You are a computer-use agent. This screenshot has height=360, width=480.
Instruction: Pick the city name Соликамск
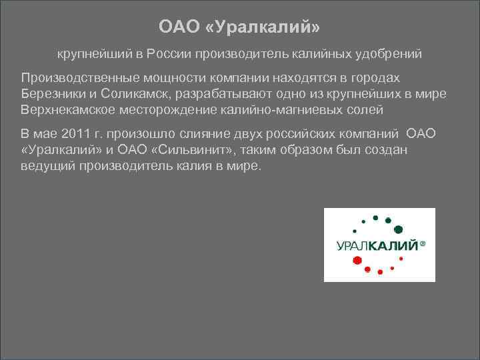coord(139,93)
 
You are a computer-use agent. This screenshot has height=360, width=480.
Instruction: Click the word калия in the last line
coord(193,165)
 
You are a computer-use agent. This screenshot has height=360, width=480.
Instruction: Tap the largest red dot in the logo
coord(357,259)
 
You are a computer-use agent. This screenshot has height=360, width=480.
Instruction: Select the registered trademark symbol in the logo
coord(422,244)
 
